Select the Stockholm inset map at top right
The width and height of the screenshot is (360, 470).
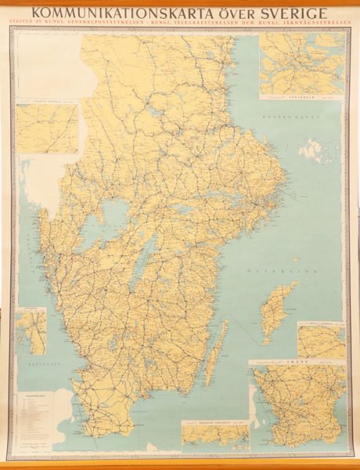[302, 67]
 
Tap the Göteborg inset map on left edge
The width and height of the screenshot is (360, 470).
[31, 330]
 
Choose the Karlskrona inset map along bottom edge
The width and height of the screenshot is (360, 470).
[215, 435]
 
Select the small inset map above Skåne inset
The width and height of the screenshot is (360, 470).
[321, 339]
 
